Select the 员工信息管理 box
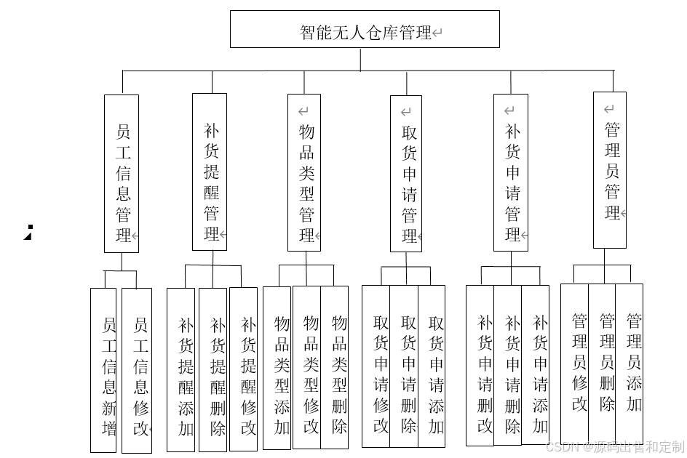tap(122, 173)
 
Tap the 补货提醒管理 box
tap(210, 172)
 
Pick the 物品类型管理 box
tap(304, 173)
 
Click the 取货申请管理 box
tap(406, 174)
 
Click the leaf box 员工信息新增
tap(103, 369)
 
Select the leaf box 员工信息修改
tap(137, 370)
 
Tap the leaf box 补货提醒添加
tap(181, 369)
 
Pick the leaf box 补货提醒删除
tap(213, 369)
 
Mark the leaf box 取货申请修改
tap(376, 366)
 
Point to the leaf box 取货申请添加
tap(432, 366)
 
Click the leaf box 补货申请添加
tap(536, 365)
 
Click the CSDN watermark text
tap(615, 446)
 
